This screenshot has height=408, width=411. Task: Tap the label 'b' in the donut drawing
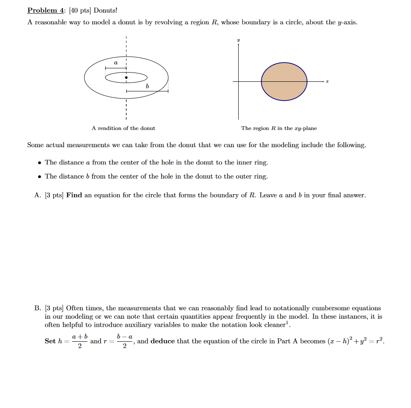[147, 86]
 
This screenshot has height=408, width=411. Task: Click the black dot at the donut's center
[126, 78]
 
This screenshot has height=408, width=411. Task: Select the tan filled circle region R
[284, 81]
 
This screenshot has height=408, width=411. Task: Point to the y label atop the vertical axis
[238, 41]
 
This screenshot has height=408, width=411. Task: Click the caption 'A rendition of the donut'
[123, 128]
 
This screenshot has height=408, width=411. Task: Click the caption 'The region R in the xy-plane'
[279, 128]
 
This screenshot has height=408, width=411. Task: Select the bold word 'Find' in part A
[74, 195]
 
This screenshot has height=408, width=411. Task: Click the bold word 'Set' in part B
[50, 341]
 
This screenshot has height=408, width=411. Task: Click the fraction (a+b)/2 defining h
[80, 341]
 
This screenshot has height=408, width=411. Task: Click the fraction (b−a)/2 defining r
[125, 341]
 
